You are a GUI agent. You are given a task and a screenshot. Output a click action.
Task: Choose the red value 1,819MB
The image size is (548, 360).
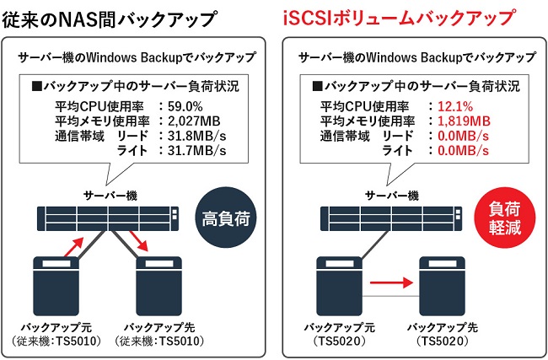click(x=460, y=121)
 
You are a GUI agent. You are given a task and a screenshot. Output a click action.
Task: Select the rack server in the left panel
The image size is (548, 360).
click(x=105, y=218)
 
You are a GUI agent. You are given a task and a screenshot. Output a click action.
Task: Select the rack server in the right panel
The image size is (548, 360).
click(x=384, y=218)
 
